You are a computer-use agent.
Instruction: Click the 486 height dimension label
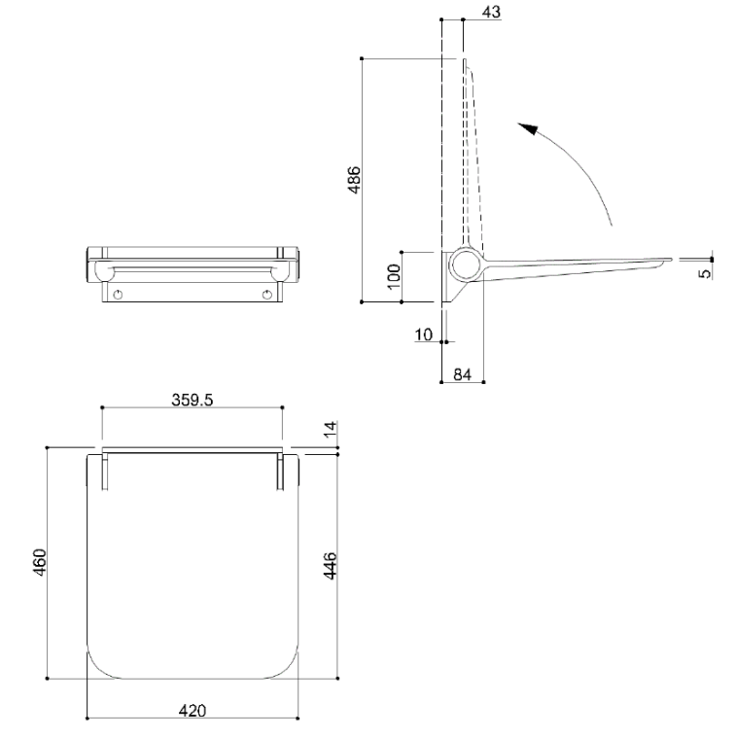pyautogui.click(x=354, y=179)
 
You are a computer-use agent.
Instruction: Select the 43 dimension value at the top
pyautogui.click(x=491, y=12)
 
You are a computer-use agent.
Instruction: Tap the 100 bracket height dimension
pyautogui.click(x=394, y=276)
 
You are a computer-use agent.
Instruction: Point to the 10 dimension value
pyautogui.click(x=424, y=334)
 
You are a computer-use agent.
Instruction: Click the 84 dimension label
pyautogui.click(x=462, y=374)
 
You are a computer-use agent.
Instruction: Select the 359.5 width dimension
pyautogui.click(x=192, y=400)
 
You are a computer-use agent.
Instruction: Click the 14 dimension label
pyautogui.click(x=332, y=428)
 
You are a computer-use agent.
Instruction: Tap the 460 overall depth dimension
pyautogui.click(x=40, y=562)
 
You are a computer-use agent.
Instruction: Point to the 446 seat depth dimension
pyautogui.click(x=331, y=566)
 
